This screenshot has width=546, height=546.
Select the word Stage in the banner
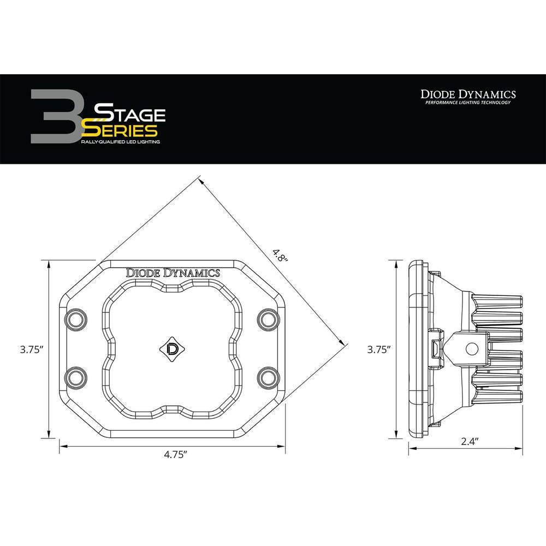[x=130, y=115]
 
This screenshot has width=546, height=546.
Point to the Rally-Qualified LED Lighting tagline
[x=120, y=141]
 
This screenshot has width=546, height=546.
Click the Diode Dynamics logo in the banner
[x=467, y=94]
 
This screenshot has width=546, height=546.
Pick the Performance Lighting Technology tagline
[x=467, y=103]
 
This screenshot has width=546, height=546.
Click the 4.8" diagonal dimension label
[x=281, y=256]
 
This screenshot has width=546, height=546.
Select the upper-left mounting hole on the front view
[x=76, y=318]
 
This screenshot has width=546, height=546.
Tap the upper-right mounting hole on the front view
[x=268, y=318]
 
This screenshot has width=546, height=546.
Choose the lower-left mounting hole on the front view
[x=76, y=376]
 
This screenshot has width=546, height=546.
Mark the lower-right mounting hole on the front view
[x=268, y=376]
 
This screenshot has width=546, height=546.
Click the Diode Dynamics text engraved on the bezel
[x=173, y=273]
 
